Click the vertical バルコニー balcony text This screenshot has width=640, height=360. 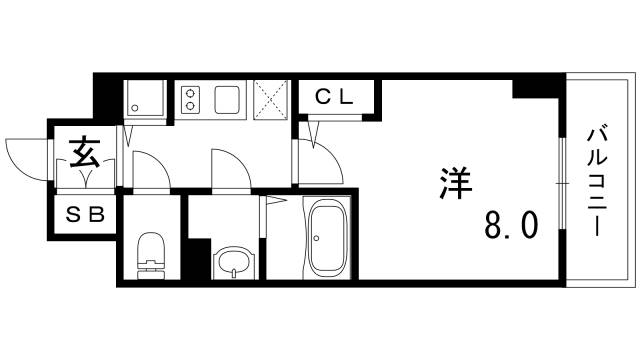pos(597,180)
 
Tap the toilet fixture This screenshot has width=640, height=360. pos(150,255)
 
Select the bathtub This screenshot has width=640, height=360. pos(326,240)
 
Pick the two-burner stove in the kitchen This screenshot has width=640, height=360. pos(190,100)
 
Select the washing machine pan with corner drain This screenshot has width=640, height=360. pos(143,100)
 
